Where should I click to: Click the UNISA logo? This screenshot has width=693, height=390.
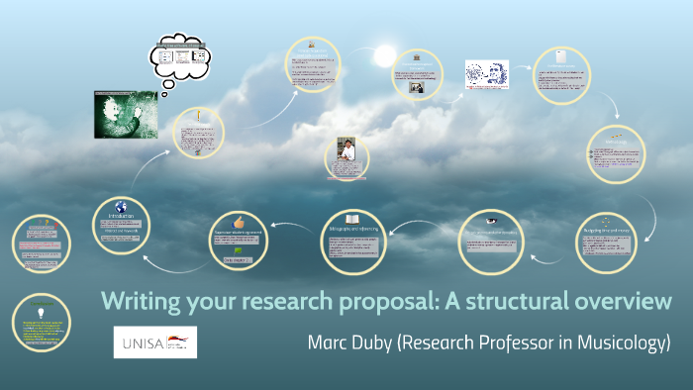pyautogui.click(x=155, y=341)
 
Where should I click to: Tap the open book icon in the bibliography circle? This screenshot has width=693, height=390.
pyautogui.click(x=351, y=218)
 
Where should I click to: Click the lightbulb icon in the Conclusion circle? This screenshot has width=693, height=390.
pyautogui.click(x=40, y=304)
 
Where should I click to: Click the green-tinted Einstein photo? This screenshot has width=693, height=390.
pyautogui.click(x=126, y=115)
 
